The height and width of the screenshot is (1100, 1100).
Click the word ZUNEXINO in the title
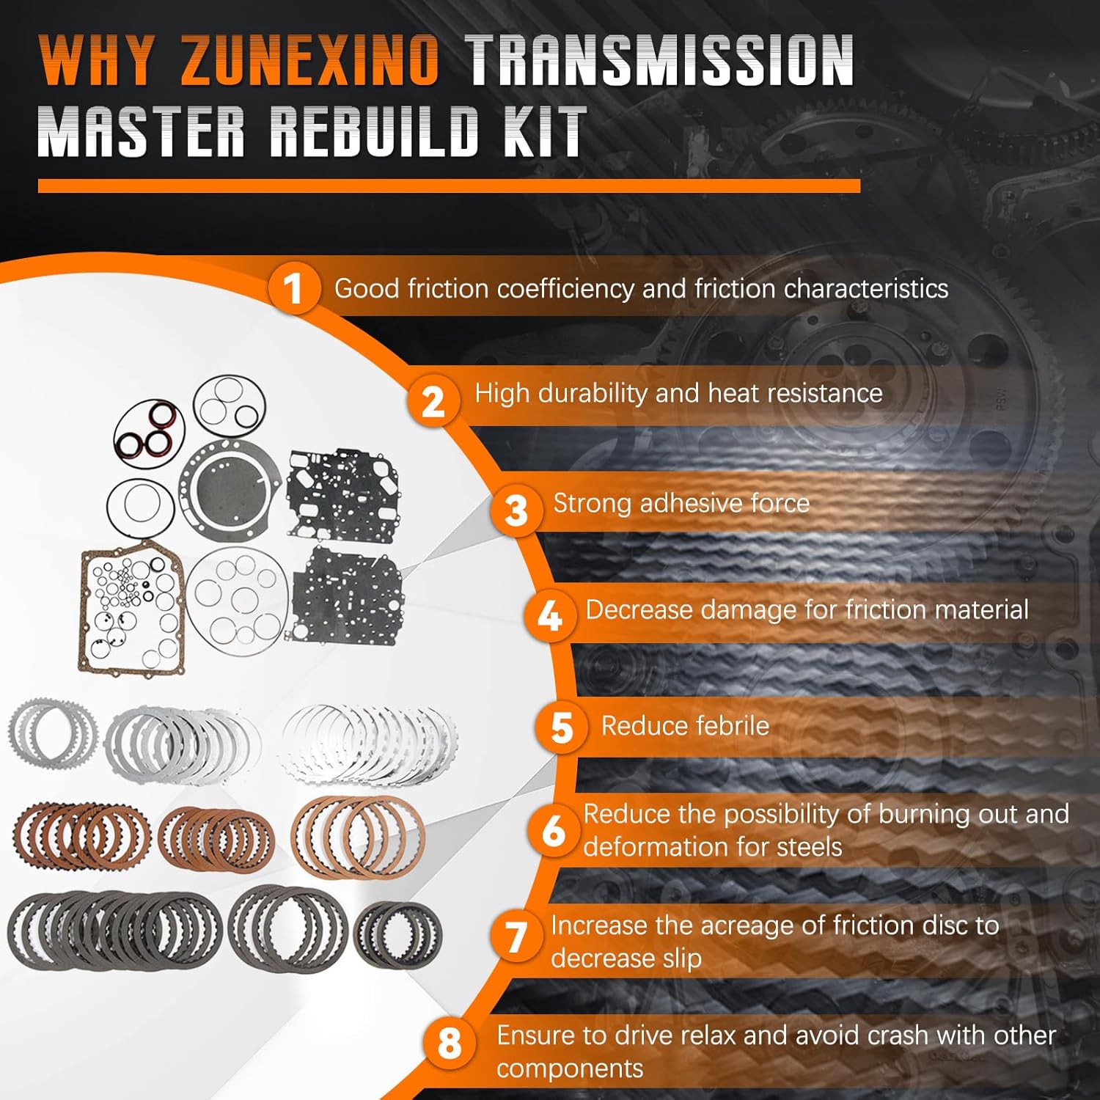(x=309, y=62)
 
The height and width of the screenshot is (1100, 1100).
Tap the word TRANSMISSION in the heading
(x=660, y=62)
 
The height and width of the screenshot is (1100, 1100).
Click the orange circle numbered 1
(x=293, y=288)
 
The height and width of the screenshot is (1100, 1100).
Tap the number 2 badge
(x=433, y=401)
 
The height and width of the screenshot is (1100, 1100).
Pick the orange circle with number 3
(x=516, y=510)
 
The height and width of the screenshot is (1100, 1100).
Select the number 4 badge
(x=549, y=616)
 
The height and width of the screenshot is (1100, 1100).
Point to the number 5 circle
(x=561, y=727)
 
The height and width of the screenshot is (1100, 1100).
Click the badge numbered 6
(x=554, y=831)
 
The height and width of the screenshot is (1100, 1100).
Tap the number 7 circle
(x=517, y=938)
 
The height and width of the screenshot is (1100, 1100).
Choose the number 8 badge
(x=449, y=1042)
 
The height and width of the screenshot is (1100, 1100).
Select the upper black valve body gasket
(x=342, y=493)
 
